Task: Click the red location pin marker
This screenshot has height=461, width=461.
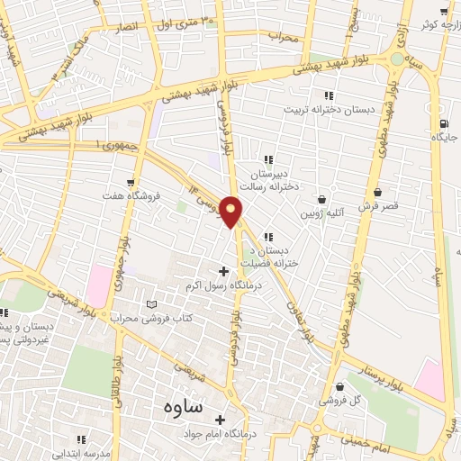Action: (x=232, y=210)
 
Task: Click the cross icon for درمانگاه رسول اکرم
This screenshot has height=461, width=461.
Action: (x=223, y=271)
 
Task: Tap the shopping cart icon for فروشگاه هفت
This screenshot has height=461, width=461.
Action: (x=133, y=182)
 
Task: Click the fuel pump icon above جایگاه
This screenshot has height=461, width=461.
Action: (x=442, y=124)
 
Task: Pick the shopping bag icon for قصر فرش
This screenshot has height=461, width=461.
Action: (x=377, y=192)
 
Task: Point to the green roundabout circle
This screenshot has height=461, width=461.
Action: (x=397, y=59)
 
